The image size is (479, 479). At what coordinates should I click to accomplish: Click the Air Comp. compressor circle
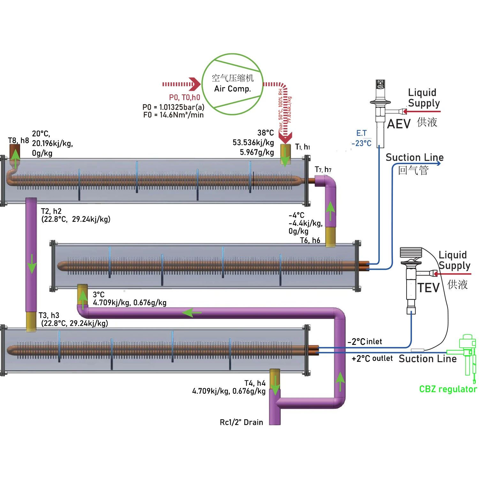pos(232,84)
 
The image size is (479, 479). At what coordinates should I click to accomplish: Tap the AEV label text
pos(399,124)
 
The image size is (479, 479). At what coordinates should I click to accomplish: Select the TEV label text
pos(429,288)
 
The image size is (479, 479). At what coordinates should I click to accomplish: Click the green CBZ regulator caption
pos(448,389)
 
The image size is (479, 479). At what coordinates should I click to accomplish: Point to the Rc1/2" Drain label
pos(241,422)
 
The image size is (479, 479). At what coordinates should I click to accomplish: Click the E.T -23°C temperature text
pos(361,138)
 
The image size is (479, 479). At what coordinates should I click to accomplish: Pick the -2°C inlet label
pos(365,342)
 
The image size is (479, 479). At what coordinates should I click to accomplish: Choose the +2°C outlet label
pos(372,359)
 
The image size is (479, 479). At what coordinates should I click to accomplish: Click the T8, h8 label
pos(19,141)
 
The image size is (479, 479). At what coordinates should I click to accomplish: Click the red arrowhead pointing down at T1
pos(285,138)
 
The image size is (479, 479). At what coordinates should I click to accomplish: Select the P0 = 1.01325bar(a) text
pos(173,107)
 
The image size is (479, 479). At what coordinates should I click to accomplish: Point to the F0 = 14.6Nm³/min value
pos(173,115)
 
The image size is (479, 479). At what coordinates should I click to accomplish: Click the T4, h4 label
pos(255,383)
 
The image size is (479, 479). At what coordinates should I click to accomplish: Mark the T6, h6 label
pos(310,240)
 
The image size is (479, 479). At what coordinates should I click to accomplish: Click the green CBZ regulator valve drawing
pos(467,354)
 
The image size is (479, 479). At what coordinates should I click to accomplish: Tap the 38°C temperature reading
pos(266,133)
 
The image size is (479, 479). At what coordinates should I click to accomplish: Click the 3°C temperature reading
pos(99,294)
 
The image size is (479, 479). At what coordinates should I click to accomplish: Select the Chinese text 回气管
pos(413,170)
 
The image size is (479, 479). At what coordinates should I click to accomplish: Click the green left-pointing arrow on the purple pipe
pos(192,312)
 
